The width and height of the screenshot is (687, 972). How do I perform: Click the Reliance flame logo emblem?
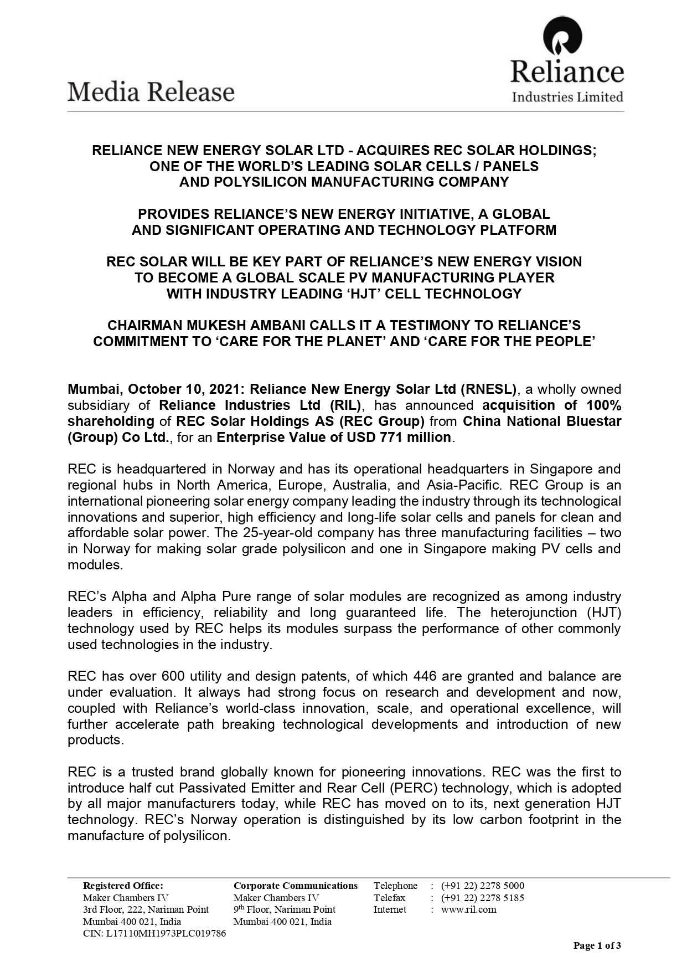click(562, 37)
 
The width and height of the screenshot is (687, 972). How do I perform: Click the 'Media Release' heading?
click(151, 92)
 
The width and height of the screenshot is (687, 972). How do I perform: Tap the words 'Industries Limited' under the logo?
click(567, 97)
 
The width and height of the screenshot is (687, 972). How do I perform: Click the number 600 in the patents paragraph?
click(173, 676)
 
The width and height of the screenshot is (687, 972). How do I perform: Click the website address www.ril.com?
click(469, 909)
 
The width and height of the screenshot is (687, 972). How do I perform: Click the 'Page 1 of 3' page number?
click(597, 945)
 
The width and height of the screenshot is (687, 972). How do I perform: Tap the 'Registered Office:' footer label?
click(123, 886)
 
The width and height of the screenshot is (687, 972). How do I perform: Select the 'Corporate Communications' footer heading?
click(296, 886)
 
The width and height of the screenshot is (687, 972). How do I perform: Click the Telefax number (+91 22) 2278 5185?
click(482, 898)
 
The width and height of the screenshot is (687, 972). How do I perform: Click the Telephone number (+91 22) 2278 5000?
click(482, 886)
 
